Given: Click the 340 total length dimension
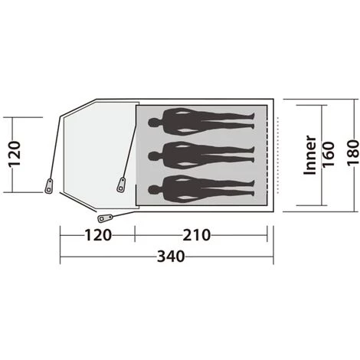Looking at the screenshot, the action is (x=171, y=257).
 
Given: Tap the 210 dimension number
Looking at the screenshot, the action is (x=196, y=235).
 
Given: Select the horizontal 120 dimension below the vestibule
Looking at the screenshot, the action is (x=98, y=235).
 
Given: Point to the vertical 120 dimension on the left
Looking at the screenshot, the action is (x=15, y=154).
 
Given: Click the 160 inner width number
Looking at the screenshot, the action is (x=328, y=154).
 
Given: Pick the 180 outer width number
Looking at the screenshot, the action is (x=353, y=152).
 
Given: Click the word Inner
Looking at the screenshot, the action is (x=310, y=155).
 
